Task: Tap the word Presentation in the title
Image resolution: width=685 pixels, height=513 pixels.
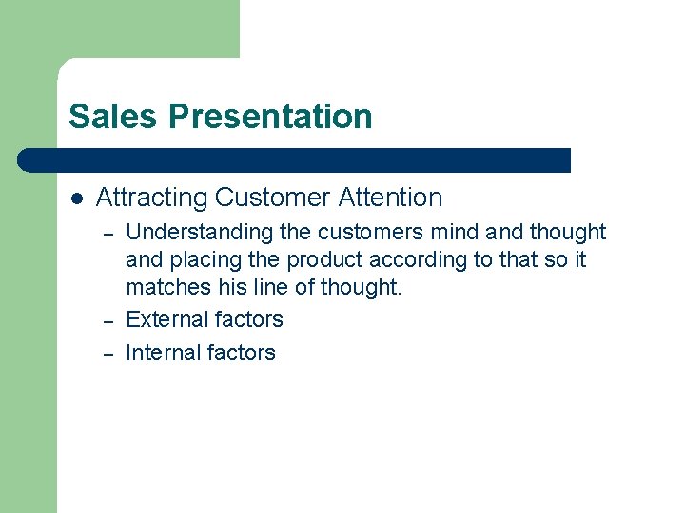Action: point(271,117)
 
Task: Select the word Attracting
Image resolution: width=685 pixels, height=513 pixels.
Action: point(152,198)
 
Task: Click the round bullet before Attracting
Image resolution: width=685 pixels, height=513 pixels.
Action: point(77,199)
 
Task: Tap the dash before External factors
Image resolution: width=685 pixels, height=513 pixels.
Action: point(108,321)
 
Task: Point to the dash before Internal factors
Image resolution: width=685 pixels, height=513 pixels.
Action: point(108,354)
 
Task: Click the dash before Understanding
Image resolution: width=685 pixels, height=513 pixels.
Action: point(108,234)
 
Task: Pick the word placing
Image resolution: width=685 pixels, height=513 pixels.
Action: point(201,259)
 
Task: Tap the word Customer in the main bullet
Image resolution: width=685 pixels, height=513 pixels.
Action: point(263,198)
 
